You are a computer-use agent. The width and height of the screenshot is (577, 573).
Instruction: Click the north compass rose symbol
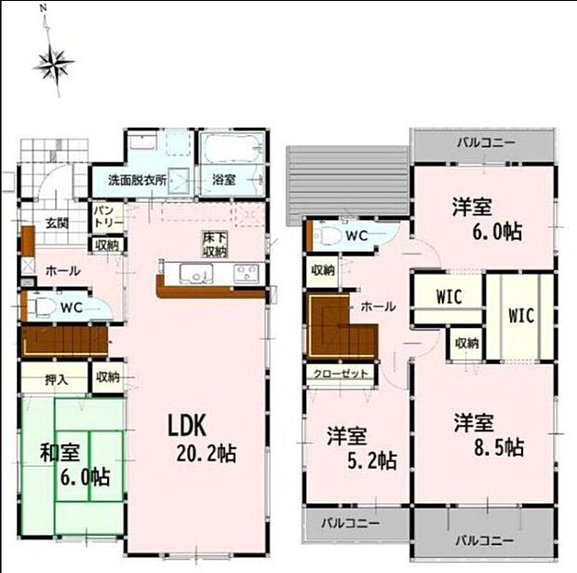coord(53,63)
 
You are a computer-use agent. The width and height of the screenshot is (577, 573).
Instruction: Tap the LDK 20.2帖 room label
coord(200,438)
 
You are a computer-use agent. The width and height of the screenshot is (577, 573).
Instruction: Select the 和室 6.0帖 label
coord(73,465)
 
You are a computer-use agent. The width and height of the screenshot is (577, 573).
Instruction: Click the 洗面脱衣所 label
coord(137,180)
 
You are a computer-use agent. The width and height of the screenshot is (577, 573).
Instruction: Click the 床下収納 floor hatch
coord(213,244)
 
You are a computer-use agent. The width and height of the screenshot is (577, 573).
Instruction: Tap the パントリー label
coord(102,218)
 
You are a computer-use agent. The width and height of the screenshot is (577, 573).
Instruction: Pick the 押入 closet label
coord(56,379)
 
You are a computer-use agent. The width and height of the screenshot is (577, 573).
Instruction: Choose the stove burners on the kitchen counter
coord(247,274)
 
